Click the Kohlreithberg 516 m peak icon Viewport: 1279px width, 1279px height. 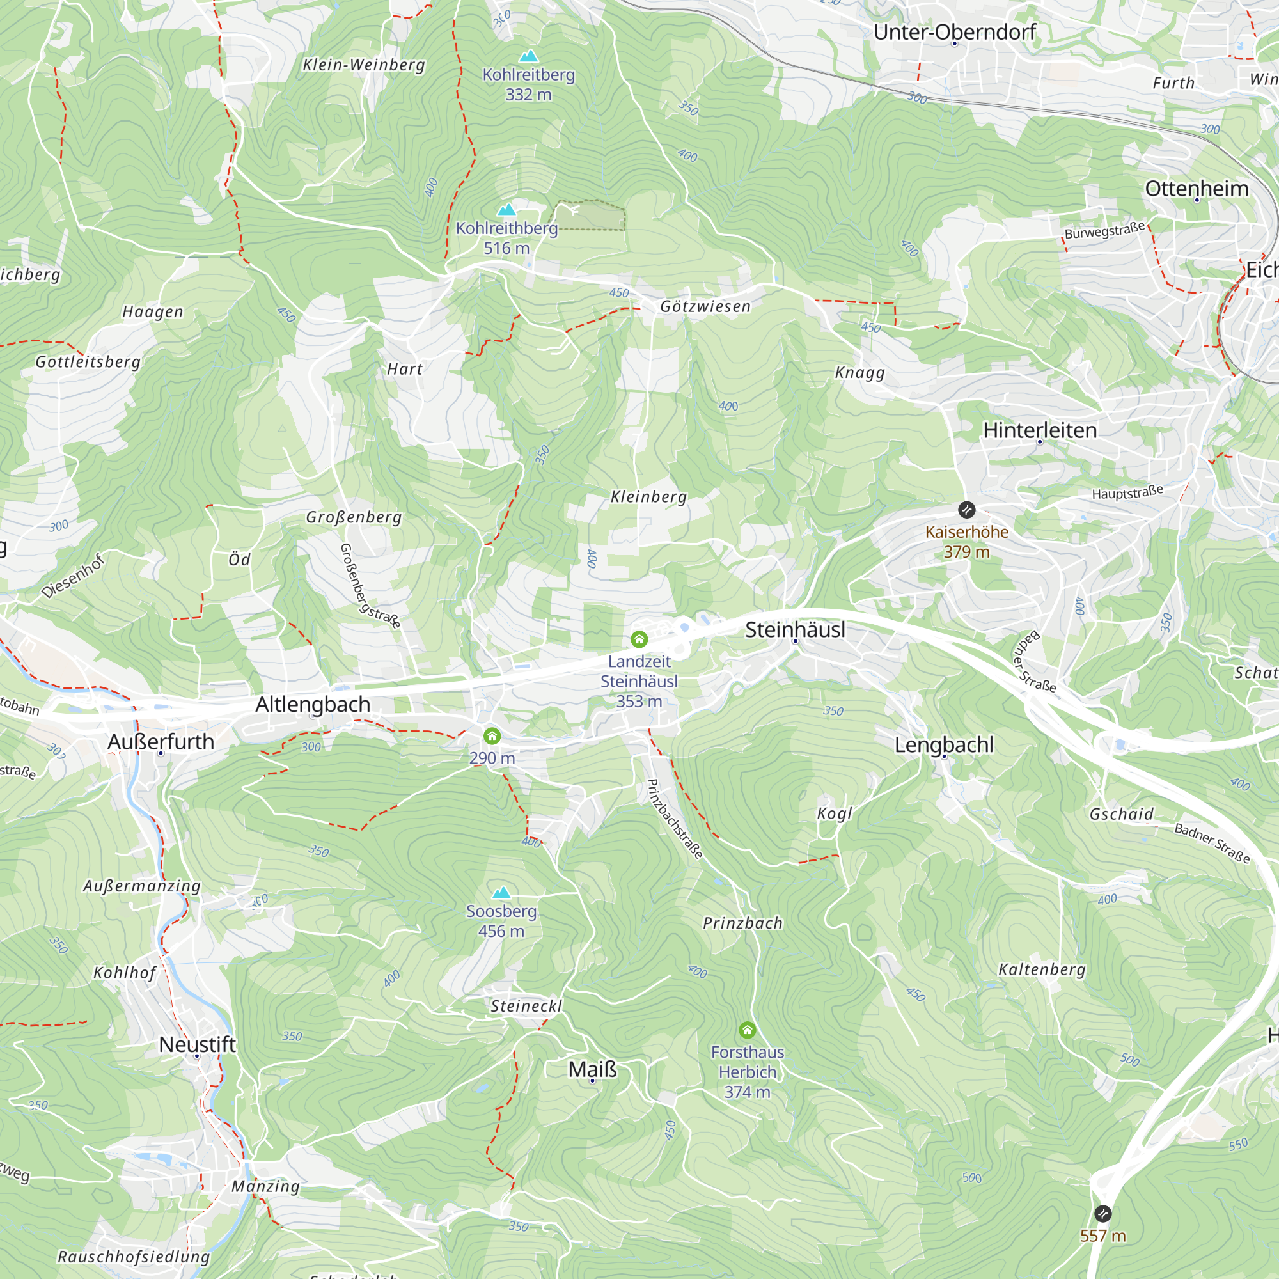pyautogui.click(x=506, y=210)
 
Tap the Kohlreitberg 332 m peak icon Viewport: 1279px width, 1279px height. pyautogui.click(x=528, y=56)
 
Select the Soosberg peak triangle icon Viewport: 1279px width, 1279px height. pyautogui.click(x=501, y=893)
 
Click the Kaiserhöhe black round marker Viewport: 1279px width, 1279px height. pyautogui.click(x=966, y=510)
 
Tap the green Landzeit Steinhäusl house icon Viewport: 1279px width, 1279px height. pyautogui.click(x=639, y=639)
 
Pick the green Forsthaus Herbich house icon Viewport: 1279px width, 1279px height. pyautogui.click(x=747, y=1030)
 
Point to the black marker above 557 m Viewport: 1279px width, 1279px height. pyautogui.click(x=1102, y=1214)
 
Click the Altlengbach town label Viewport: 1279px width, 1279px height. pyautogui.click(x=313, y=704)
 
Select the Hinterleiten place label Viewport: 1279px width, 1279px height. pyautogui.click(x=1039, y=430)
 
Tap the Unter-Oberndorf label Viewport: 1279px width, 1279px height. pyautogui.click(x=954, y=32)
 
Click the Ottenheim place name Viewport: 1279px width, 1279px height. pyautogui.click(x=1197, y=189)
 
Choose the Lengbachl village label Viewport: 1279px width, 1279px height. pyautogui.click(x=943, y=745)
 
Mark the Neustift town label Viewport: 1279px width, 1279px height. pyautogui.click(x=197, y=1045)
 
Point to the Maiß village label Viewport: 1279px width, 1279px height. pyautogui.click(x=593, y=1069)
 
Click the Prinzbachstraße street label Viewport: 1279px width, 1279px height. pyautogui.click(x=674, y=819)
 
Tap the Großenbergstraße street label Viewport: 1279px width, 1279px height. pyautogui.click(x=370, y=585)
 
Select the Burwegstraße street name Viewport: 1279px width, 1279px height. pyautogui.click(x=1104, y=230)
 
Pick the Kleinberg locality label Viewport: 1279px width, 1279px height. pyautogui.click(x=648, y=496)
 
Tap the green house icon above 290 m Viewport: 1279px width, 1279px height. pyautogui.click(x=492, y=736)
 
